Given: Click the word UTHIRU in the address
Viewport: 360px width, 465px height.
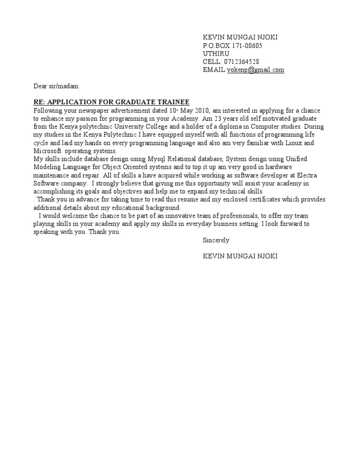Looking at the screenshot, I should [x=216, y=54].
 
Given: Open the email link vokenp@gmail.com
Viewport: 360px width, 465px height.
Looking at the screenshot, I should [x=255, y=70].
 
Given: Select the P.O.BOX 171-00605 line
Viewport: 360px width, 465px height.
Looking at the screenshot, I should [x=232, y=46].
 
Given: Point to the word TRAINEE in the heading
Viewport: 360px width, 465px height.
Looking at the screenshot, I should [x=173, y=102].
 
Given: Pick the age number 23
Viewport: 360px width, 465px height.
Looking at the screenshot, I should [x=218, y=119].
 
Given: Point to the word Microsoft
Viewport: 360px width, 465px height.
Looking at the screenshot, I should [x=47, y=151].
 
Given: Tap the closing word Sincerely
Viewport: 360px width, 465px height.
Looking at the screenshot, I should [x=216, y=240].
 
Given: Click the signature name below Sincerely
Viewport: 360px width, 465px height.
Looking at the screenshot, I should [x=240, y=256].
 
